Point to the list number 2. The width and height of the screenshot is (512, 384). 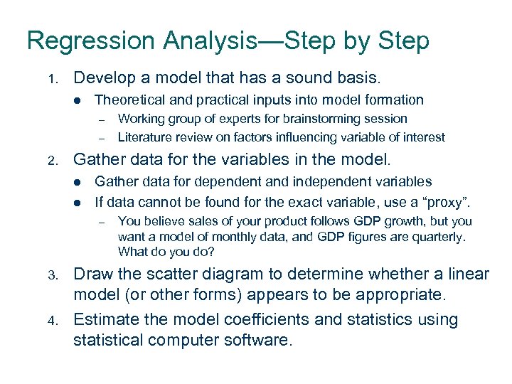coord(51,161)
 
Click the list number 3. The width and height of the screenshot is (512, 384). coord(51,275)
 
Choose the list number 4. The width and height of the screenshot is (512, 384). coord(51,321)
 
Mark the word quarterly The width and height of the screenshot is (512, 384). coord(438,236)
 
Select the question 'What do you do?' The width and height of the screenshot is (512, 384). coord(166,252)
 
